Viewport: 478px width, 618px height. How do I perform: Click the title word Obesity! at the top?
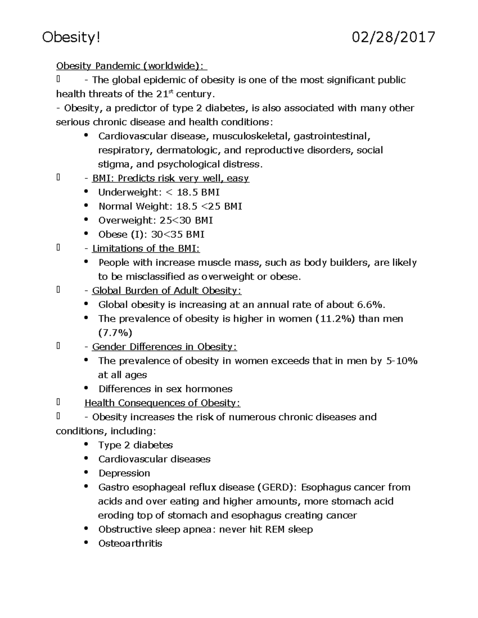click(x=71, y=37)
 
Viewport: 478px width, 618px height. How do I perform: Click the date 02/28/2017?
click(x=393, y=37)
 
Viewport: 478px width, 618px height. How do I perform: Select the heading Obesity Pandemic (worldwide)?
click(x=131, y=66)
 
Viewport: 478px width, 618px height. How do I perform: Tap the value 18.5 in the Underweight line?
click(x=187, y=193)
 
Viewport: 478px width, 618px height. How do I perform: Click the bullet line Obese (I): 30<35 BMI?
click(x=151, y=234)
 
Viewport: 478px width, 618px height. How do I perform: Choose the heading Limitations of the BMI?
click(x=146, y=249)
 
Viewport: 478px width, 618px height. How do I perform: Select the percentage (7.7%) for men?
click(x=115, y=333)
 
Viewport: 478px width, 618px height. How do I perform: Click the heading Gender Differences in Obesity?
click(x=165, y=347)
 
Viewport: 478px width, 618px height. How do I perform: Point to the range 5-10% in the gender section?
click(x=402, y=361)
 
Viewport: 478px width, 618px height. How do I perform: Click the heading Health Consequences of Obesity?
click(x=163, y=403)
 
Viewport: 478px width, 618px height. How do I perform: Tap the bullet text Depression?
click(x=124, y=473)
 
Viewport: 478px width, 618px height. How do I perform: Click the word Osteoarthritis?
click(x=130, y=544)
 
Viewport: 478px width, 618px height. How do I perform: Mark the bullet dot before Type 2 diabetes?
click(x=86, y=444)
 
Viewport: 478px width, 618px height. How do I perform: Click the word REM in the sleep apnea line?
click(x=274, y=530)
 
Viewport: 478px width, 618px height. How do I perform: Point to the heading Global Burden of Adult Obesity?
click(x=167, y=291)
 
